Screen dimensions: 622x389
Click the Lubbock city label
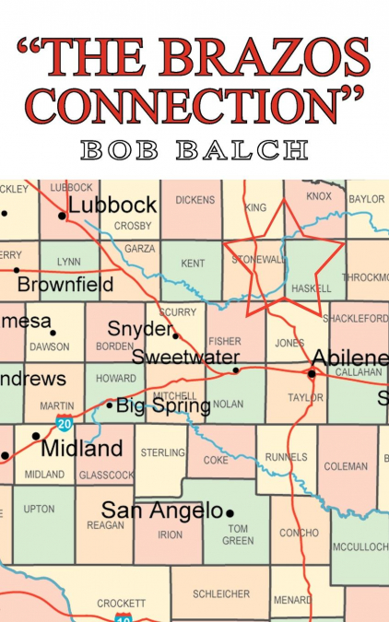(x=112, y=206)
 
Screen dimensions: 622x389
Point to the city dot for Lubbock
(x=62, y=216)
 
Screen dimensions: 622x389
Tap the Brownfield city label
(x=64, y=284)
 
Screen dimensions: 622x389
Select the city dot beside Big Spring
(x=110, y=405)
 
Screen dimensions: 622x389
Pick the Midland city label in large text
(x=81, y=449)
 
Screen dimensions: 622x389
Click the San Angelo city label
(x=162, y=511)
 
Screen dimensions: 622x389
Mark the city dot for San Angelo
(x=230, y=512)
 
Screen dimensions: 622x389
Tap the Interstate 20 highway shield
(x=64, y=424)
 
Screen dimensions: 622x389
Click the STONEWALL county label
(x=255, y=260)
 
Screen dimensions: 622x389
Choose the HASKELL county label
(x=311, y=288)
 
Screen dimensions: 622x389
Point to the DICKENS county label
(x=194, y=200)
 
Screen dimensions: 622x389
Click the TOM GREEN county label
(x=238, y=534)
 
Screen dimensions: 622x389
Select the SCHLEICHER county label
(x=221, y=594)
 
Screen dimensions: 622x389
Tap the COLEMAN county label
(x=346, y=466)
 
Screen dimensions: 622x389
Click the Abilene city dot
(x=312, y=373)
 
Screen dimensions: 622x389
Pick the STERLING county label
(x=162, y=452)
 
